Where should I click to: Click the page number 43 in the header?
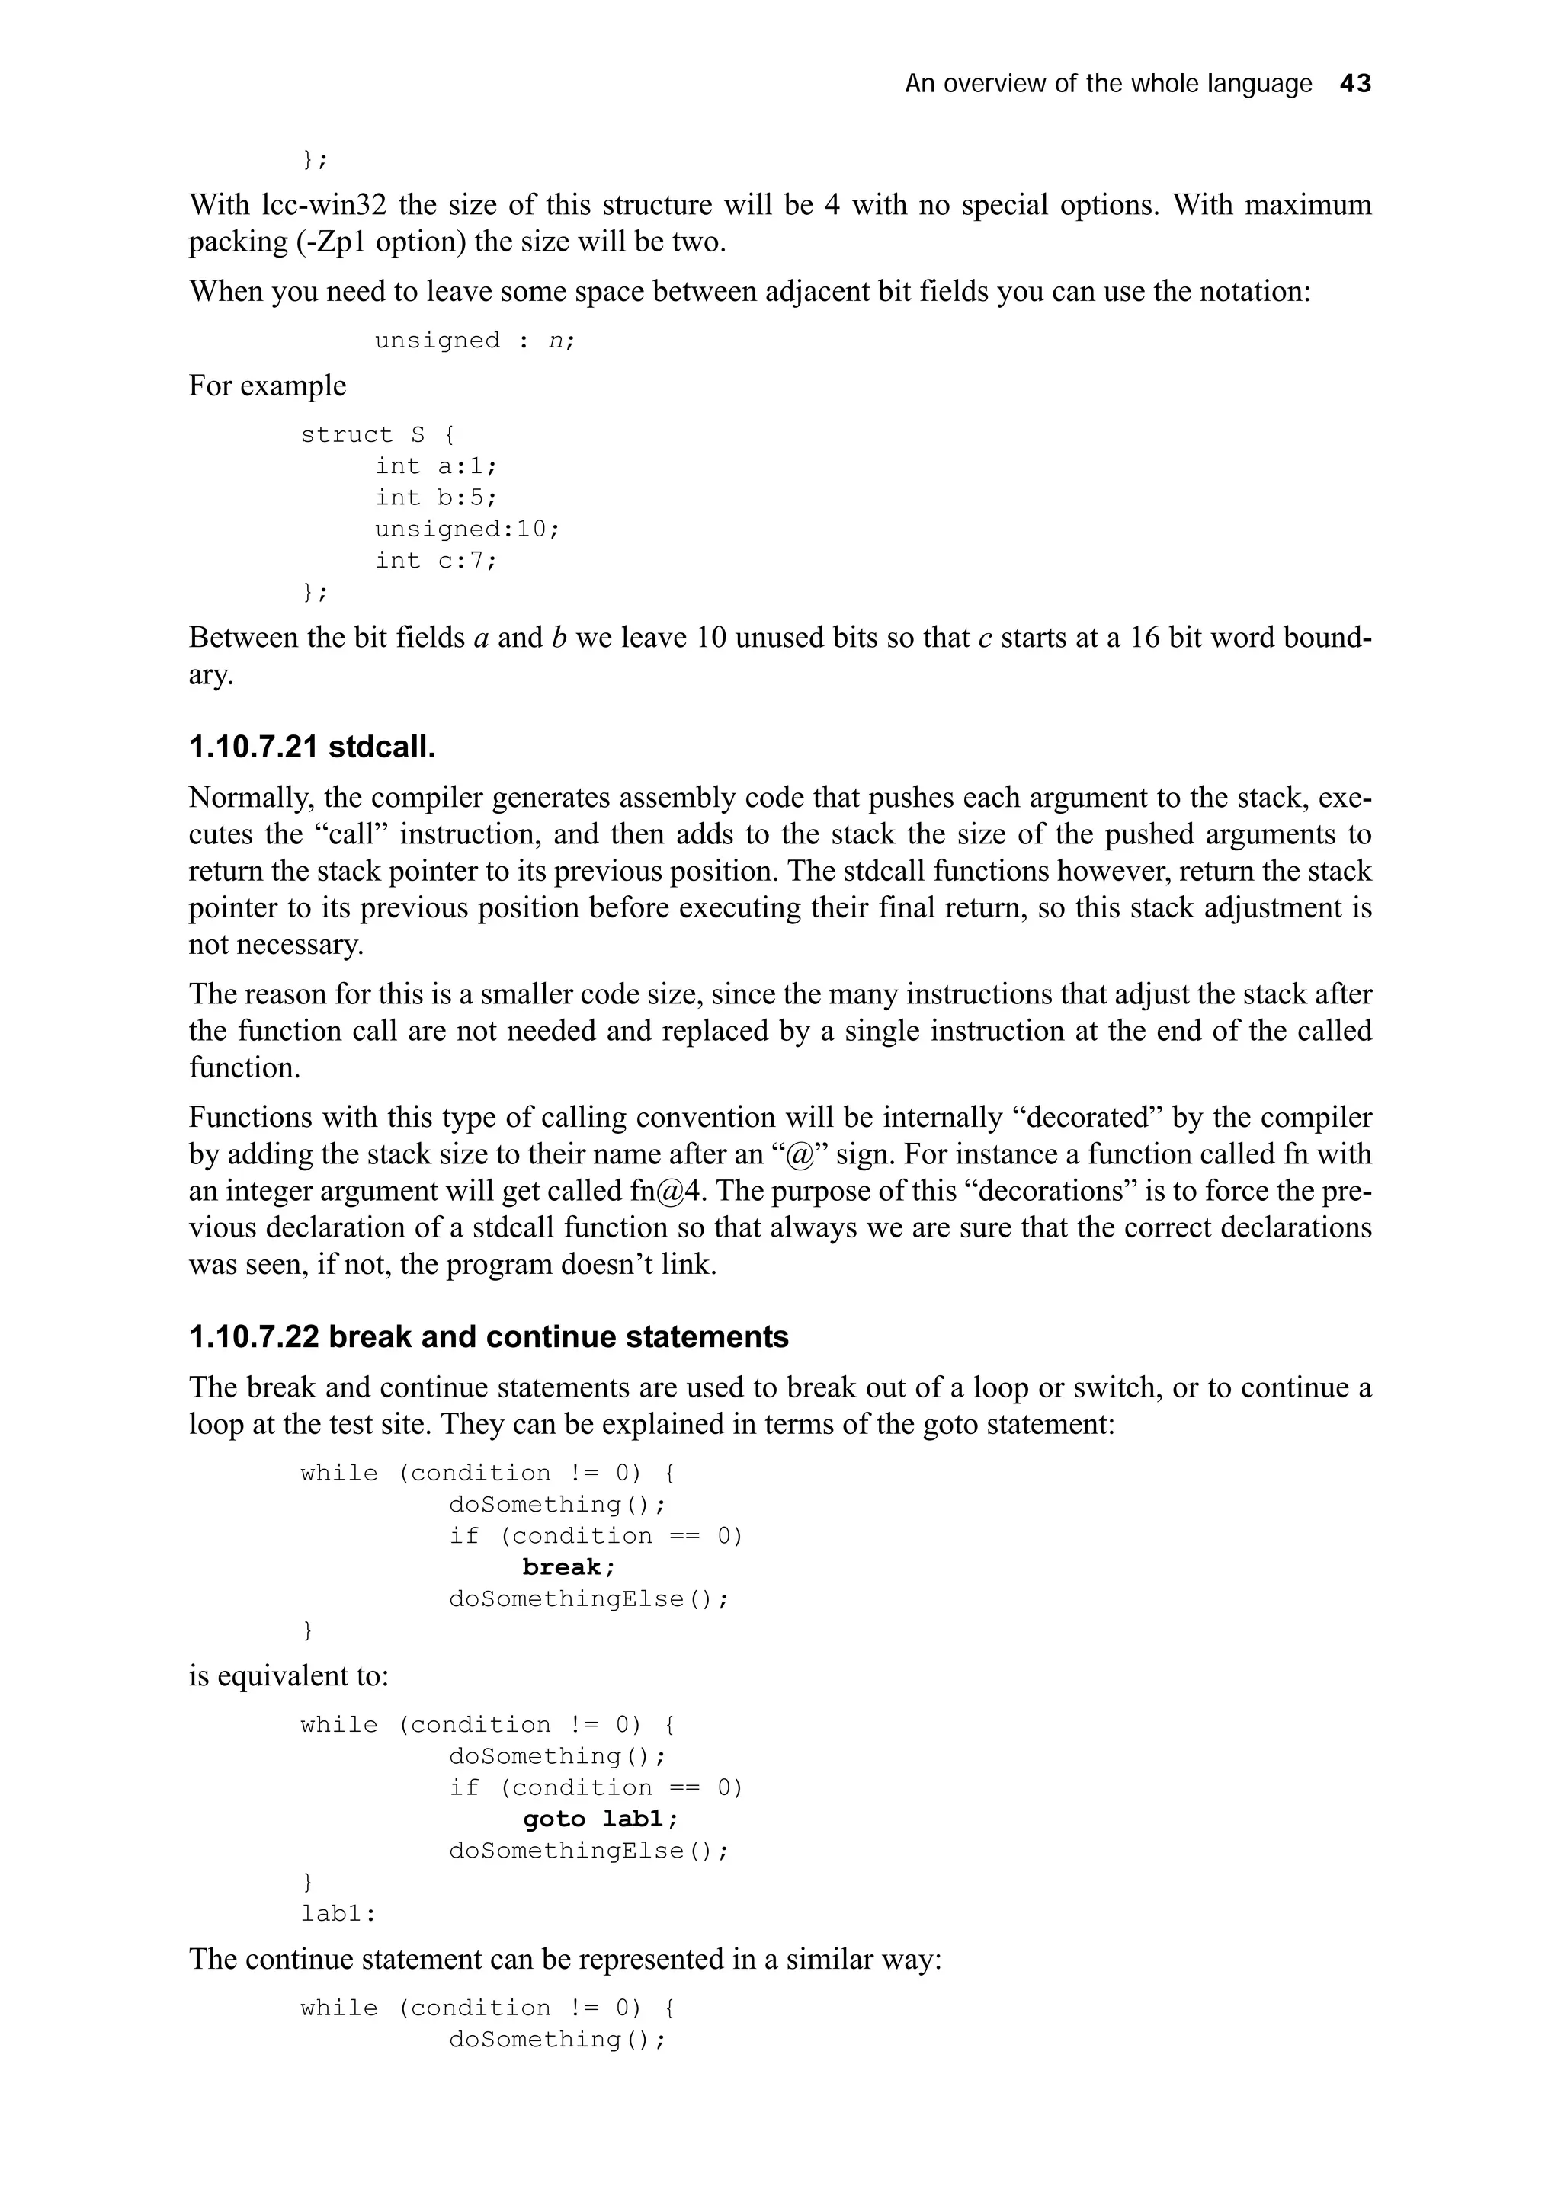(1354, 84)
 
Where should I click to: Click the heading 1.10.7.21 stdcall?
(312, 746)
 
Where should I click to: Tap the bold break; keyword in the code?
(569, 1567)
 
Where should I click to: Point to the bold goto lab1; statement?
(600, 1819)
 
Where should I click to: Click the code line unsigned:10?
(466, 529)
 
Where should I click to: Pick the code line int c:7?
(436, 561)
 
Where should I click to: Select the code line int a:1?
(436, 466)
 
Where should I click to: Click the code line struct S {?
(377, 435)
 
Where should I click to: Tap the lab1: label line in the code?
(338, 1914)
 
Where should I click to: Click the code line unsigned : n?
(474, 341)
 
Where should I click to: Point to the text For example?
(268, 386)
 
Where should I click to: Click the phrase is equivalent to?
(289, 1676)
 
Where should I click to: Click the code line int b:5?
(436, 498)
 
